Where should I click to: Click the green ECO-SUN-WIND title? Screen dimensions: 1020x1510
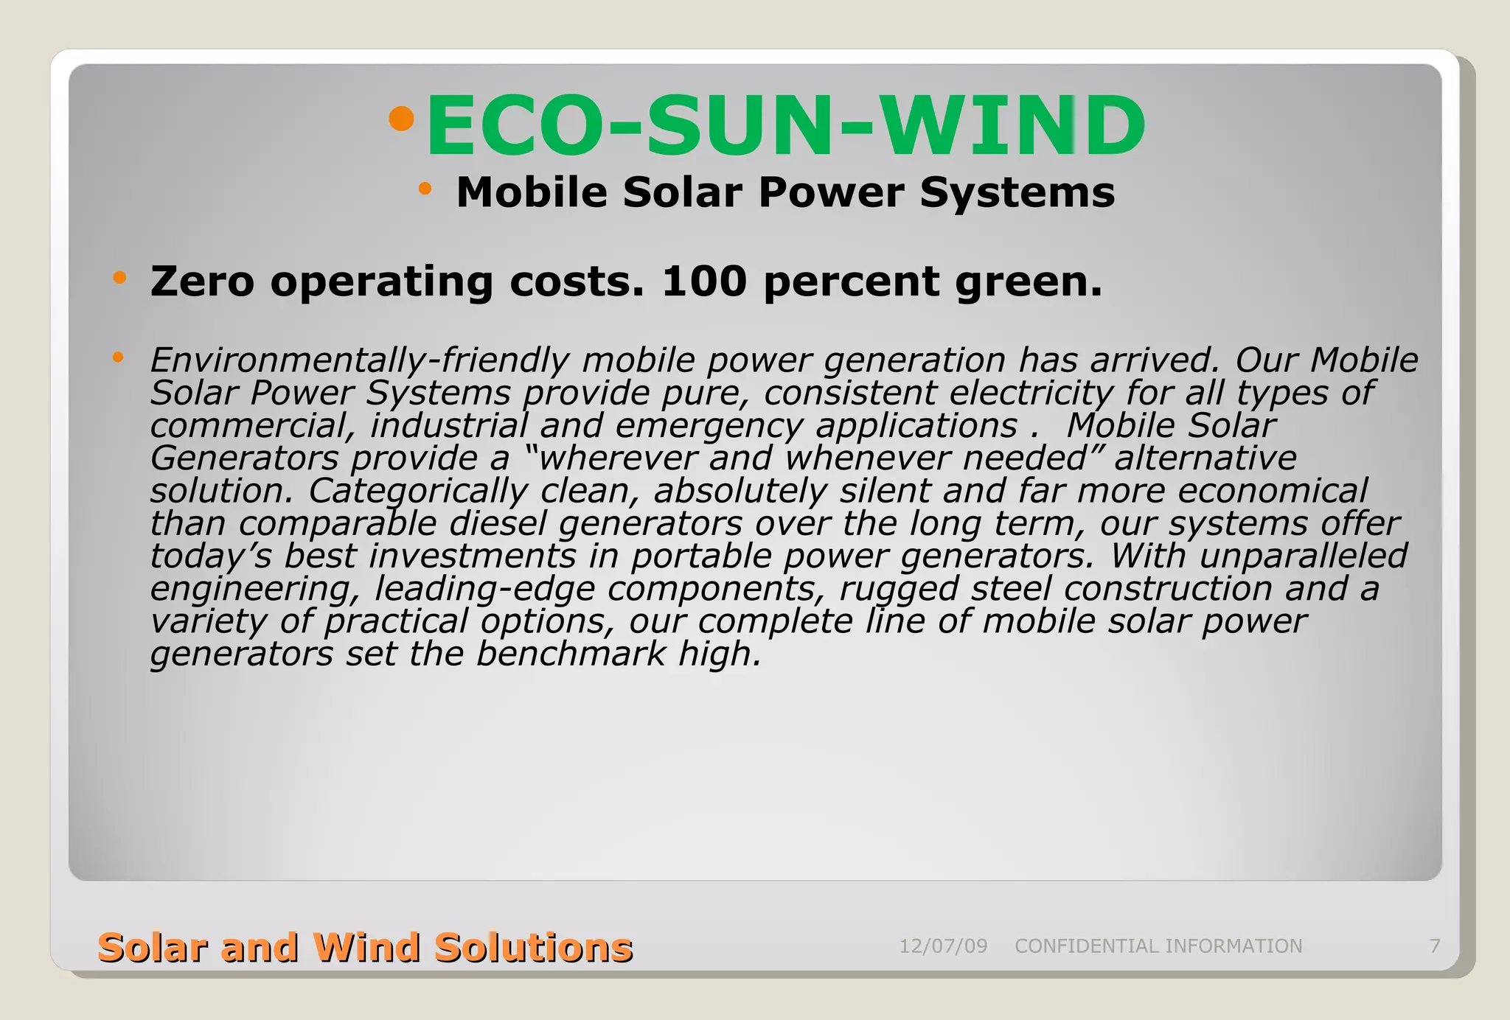[786, 126]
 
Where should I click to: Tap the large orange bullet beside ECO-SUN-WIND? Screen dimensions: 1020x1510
[402, 119]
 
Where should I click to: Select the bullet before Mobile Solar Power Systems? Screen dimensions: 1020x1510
[425, 189]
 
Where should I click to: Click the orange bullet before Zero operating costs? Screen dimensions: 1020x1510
[119, 279]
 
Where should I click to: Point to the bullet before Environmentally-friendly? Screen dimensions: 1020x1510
[118, 358]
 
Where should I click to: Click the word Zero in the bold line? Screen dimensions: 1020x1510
[202, 282]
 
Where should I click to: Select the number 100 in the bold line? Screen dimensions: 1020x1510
[704, 282]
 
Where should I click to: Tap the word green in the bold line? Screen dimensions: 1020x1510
[1028, 283]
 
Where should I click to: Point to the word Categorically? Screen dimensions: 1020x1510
[418, 492]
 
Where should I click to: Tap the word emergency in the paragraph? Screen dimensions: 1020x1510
[708, 427]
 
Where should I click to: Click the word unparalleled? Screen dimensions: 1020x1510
[1303, 556]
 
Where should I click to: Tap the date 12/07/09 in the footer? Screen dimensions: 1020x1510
[943, 946]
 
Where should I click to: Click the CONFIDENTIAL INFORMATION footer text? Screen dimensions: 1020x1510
[1158, 946]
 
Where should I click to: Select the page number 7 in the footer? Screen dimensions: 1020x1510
[1435, 946]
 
